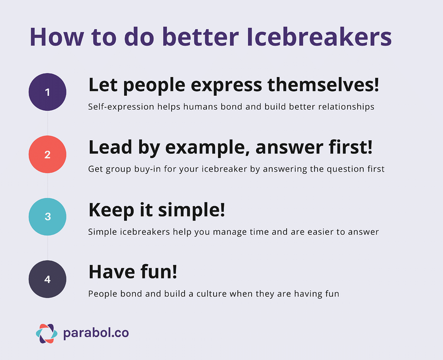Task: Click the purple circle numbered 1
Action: [x=48, y=92]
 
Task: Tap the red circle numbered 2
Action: [x=48, y=155]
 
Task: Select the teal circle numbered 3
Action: [x=48, y=217]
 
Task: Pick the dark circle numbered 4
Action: [x=48, y=279]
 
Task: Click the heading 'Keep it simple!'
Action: [x=156, y=210]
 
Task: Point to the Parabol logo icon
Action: [x=46, y=333]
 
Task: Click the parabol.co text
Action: [x=96, y=333]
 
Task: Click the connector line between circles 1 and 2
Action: [x=48, y=124]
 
